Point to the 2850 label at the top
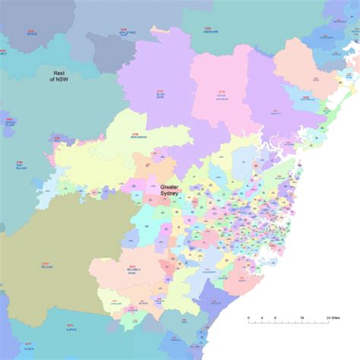[127, 32]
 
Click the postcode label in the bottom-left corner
[28, 346]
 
